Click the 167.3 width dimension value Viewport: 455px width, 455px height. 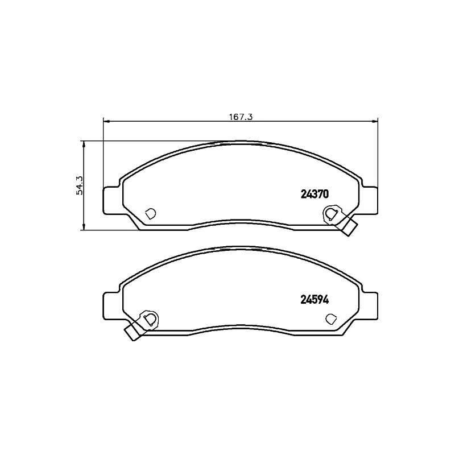click(241, 117)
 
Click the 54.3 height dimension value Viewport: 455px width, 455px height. click(80, 185)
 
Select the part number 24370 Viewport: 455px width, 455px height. click(315, 194)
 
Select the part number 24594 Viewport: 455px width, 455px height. click(315, 300)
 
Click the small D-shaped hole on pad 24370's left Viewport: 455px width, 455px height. click(150, 214)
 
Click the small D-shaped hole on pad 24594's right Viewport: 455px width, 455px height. click(331, 319)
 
